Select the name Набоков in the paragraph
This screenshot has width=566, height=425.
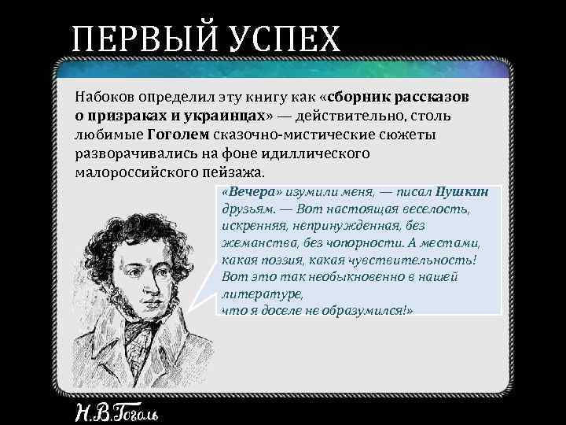coord(105,98)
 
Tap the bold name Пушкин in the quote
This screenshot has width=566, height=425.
coord(467,193)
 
